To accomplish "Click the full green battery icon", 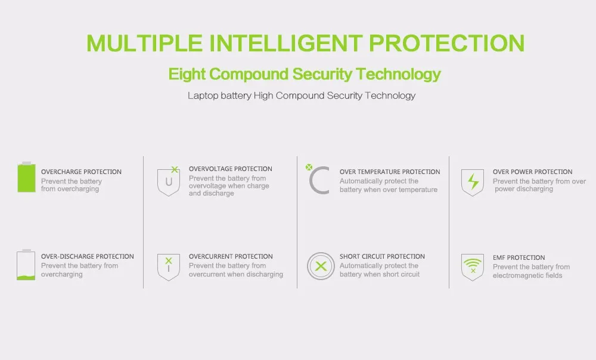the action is tap(26, 177).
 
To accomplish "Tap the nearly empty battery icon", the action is tap(26, 265).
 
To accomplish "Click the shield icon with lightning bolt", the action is tap(473, 182).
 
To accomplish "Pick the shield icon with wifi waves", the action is tap(473, 267).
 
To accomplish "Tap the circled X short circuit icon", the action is tap(321, 266).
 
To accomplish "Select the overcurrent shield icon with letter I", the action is tap(169, 267).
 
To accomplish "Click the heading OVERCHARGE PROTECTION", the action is tap(81, 172).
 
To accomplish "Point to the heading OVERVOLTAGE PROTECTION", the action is tap(230, 169).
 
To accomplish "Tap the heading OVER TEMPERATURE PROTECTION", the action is tap(390, 172).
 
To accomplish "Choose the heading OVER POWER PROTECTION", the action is tap(532, 172).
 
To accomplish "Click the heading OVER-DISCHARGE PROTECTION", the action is tap(88, 257).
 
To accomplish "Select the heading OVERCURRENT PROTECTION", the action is tap(231, 257).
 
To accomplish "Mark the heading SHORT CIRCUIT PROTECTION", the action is tap(382, 257).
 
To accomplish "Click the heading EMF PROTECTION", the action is tap(519, 257).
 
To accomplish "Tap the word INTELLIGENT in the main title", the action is tap(286, 43).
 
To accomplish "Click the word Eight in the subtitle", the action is tap(187, 75).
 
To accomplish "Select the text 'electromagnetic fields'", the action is tap(527, 275).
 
